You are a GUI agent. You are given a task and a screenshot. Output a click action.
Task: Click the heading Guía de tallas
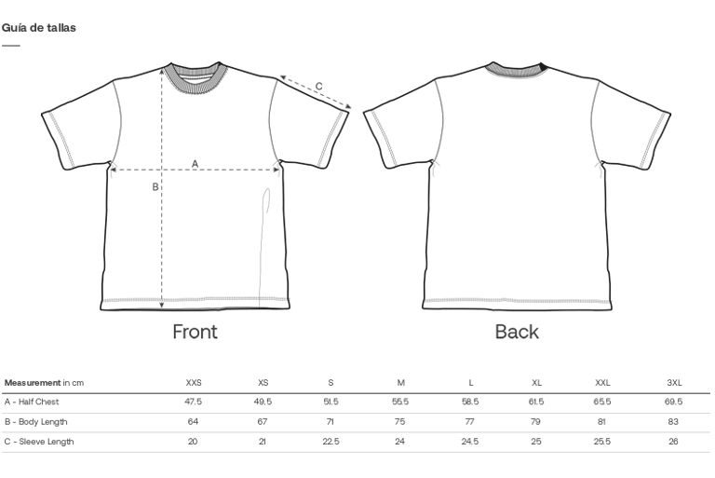coord(39,28)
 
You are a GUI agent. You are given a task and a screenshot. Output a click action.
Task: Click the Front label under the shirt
coord(195,332)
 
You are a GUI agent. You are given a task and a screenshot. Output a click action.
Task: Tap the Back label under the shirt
coord(517,332)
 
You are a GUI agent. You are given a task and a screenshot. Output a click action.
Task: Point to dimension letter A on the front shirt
coord(195,164)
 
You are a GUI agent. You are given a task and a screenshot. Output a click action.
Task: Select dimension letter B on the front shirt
coord(155,187)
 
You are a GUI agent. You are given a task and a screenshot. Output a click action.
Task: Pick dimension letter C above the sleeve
coord(318,87)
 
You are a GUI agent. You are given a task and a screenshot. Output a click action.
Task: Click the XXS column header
coord(194,383)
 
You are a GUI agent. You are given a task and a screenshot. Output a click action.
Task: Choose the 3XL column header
coord(674,383)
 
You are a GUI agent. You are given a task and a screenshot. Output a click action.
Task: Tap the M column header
coord(400,383)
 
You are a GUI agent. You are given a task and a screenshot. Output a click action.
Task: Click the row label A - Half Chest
coord(32,403)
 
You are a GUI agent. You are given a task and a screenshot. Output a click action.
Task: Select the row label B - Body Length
coord(35,422)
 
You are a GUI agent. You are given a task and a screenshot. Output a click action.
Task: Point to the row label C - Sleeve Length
coord(39,442)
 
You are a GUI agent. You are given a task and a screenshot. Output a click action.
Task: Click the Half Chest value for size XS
coord(263,403)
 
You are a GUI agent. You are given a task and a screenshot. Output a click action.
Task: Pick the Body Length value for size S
coord(331,422)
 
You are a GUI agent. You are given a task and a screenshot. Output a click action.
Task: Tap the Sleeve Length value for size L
coord(470,442)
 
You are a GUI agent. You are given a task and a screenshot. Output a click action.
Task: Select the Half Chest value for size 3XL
coord(674,403)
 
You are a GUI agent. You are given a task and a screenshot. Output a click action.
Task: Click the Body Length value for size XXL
coord(602,422)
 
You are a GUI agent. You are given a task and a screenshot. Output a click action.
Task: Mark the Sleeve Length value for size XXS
coord(193,442)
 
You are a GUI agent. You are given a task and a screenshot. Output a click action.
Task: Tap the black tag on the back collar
coord(543,66)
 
